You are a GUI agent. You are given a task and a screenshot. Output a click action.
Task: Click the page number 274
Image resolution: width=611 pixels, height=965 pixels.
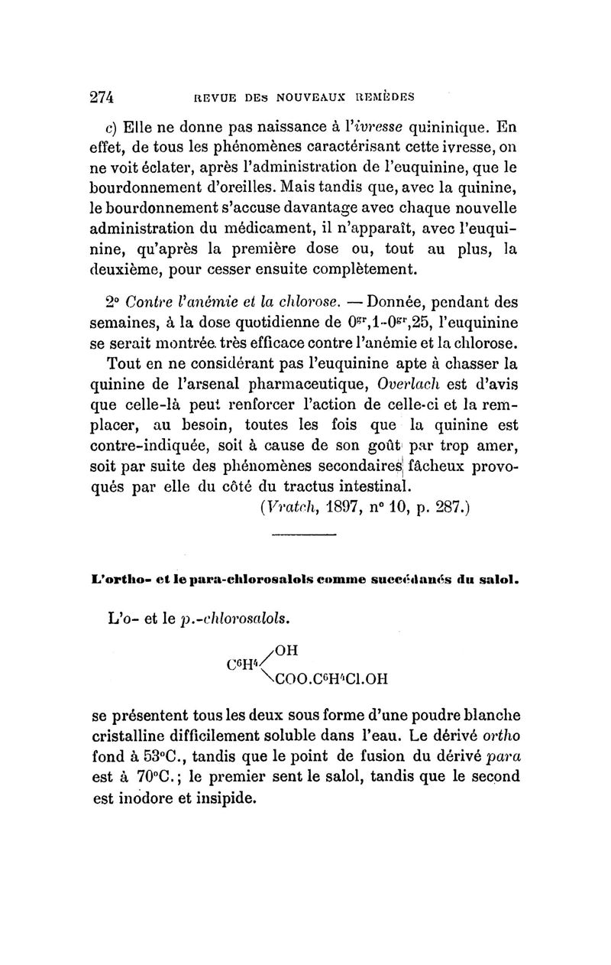102,98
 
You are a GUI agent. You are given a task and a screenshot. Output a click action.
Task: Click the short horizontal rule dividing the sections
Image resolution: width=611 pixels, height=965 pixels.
304,545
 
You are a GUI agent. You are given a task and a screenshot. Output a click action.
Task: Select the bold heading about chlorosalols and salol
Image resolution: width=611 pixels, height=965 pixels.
305,580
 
